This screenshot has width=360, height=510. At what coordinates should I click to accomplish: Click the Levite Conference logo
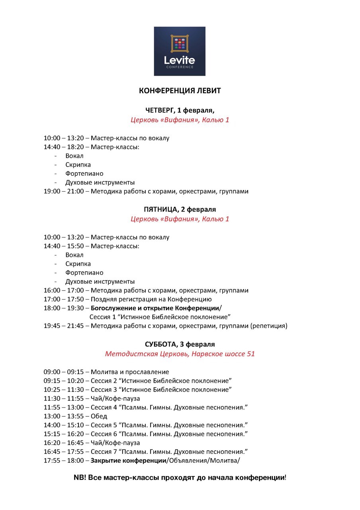(x=180, y=51)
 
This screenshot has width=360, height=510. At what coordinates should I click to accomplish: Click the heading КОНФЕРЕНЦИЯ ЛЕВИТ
(x=180, y=91)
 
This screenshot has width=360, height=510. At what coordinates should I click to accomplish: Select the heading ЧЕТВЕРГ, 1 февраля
(x=180, y=110)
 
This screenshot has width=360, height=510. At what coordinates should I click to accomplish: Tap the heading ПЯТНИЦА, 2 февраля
(x=180, y=210)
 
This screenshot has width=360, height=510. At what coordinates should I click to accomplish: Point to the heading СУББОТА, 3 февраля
(x=180, y=344)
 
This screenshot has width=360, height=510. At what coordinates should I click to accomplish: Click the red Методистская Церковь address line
(x=180, y=354)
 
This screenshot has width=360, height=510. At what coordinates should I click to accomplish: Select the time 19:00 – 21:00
(x=64, y=191)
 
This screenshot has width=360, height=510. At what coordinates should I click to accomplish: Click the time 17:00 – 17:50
(x=64, y=299)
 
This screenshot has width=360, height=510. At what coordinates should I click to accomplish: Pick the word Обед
(x=99, y=416)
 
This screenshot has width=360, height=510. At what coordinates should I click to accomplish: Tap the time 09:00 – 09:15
(x=64, y=372)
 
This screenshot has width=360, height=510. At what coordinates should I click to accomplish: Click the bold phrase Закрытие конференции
(x=128, y=461)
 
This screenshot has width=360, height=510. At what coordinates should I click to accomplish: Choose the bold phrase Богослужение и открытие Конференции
(x=155, y=308)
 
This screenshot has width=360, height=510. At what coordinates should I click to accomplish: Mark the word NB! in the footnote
(x=80, y=477)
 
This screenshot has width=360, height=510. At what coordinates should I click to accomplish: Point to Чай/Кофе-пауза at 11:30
(x=115, y=398)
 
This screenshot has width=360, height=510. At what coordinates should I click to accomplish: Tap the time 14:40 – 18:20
(x=64, y=147)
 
